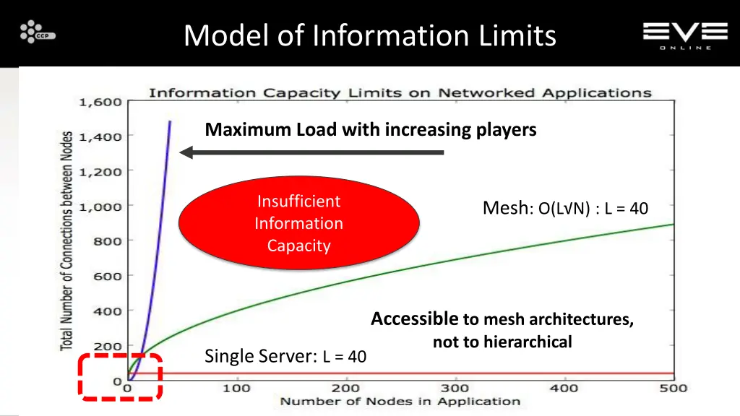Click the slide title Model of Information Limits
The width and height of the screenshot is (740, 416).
369,35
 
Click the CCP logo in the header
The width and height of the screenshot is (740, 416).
37,32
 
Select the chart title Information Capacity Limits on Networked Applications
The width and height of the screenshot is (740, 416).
400,92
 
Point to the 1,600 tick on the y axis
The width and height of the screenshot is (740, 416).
100,102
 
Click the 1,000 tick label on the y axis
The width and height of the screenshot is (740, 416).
100,207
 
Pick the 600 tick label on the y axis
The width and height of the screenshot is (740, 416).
107,277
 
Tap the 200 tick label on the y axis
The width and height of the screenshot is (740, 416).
107,347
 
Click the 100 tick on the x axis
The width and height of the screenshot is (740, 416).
236,389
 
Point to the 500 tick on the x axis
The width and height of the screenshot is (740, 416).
674,389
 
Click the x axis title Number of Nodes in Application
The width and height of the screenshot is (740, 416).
400,402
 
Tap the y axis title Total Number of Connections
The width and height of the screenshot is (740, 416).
67,240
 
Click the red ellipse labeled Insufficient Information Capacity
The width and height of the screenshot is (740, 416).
298,223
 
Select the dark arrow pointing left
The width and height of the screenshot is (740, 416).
311,152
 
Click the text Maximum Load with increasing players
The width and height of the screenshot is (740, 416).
371,130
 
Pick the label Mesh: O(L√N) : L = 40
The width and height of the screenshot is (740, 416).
565,209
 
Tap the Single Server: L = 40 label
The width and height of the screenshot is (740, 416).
285,356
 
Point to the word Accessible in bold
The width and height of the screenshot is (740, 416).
414,319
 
